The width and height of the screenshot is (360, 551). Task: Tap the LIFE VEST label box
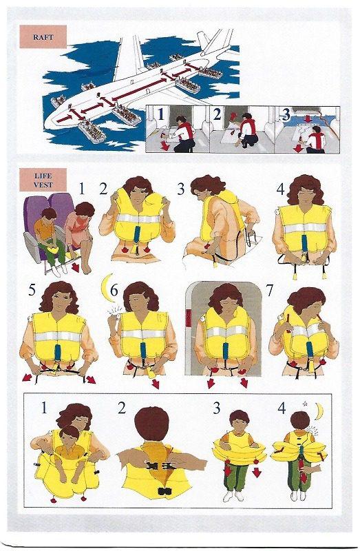point(43,180)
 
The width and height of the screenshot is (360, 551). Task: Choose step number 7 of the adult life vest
point(271,290)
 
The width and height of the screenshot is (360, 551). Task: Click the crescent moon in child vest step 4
point(318,411)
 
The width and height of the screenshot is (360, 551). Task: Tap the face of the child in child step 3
point(237,424)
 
